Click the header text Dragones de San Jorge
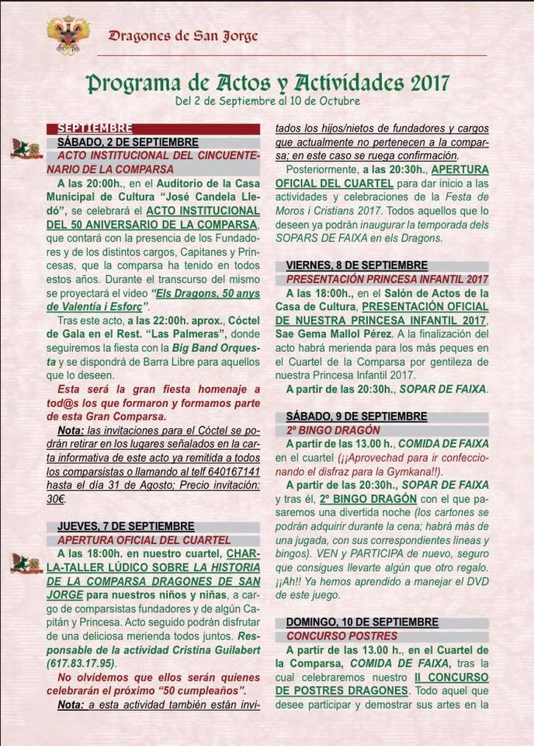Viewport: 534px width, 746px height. pos(183,35)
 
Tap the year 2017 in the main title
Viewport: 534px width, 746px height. pos(425,83)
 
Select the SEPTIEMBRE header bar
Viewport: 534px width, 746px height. pos(153,129)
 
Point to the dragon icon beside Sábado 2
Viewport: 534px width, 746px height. pos(26,149)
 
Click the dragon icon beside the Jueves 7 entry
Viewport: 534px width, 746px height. pos(26,563)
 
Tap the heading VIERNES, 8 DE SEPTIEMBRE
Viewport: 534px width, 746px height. pos(356,264)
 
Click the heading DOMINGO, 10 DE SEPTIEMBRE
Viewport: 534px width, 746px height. pos(362,622)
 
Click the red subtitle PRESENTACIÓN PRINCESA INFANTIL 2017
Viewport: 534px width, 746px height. pos(387,278)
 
